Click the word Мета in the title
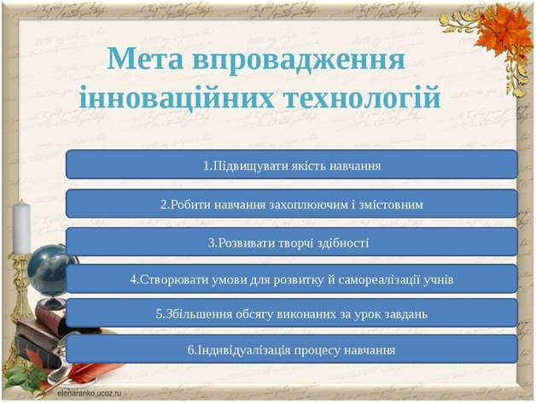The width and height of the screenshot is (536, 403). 145,59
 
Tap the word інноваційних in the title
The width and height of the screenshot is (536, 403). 177,97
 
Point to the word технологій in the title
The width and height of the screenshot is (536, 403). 362,97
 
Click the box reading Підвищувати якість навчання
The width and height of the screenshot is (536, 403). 292,165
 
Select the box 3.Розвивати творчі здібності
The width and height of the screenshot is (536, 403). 292,242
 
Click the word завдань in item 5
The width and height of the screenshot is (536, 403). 407,314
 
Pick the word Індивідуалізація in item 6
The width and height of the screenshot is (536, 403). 244,350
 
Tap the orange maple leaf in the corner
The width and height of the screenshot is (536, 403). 504,29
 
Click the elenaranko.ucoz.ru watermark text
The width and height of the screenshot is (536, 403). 90,393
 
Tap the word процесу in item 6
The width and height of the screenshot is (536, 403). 317,351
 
